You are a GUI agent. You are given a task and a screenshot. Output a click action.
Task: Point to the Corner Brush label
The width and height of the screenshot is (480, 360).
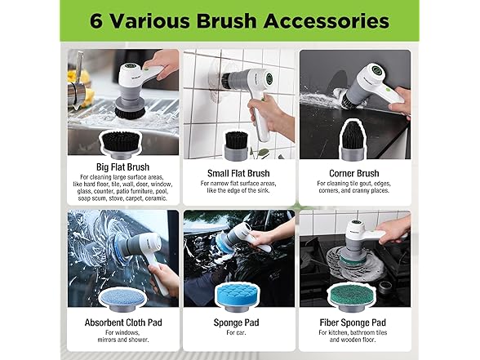point(356,173)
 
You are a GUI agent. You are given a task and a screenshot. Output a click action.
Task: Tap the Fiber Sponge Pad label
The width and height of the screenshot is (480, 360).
point(356,322)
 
